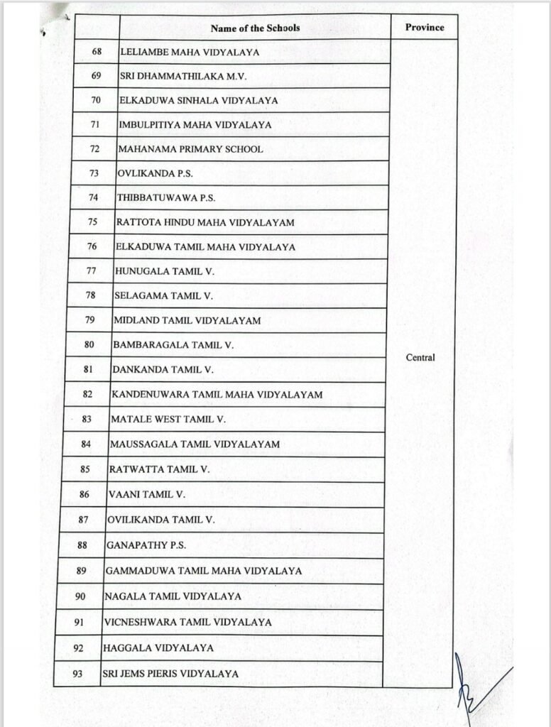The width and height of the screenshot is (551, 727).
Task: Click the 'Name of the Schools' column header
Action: pos(255,28)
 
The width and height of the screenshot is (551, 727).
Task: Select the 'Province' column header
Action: pos(425,28)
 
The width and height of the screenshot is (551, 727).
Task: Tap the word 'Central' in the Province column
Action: pos(420,358)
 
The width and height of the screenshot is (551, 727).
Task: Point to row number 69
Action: pos(97,76)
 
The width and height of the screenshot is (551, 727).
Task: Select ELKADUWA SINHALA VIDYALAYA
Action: pos(198,101)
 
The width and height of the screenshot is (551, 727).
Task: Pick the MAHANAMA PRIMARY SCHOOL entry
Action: pos(190,150)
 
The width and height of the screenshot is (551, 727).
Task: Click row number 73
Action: pos(94,174)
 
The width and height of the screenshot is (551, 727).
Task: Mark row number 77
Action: pos(91,271)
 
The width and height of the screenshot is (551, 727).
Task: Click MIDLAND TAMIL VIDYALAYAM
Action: pos(187,321)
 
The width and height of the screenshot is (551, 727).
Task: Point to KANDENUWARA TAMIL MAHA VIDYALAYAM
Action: pos(217,395)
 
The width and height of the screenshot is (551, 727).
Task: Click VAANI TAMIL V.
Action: pos(146,494)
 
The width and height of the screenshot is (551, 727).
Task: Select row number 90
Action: pos(80,596)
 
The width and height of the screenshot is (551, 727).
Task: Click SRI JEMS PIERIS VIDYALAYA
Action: pos(170,674)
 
